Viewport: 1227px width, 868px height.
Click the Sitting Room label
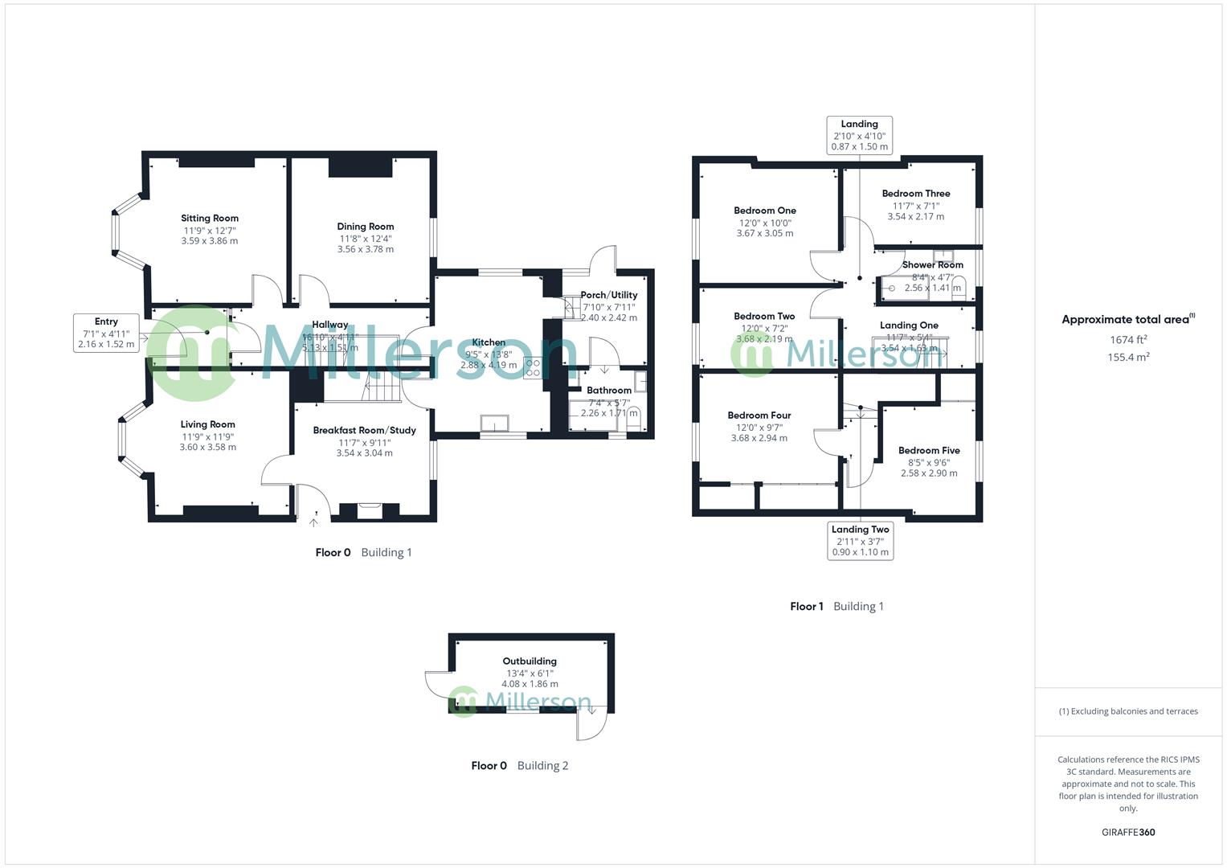(209, 218)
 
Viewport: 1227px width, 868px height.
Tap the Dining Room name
(366, 227)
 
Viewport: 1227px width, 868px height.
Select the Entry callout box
(106, 333)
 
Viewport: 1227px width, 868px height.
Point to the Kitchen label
(489, 342)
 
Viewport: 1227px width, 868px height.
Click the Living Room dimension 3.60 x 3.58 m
(208, 447)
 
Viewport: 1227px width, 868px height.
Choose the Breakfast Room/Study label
(364, 430)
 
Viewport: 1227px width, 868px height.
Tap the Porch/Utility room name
(608, 295)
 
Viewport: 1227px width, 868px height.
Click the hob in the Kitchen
(532, 368)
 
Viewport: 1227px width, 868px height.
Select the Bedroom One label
(765, 211)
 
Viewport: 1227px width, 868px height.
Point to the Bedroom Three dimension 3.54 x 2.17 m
(915, 216)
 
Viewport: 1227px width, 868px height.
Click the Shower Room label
(932, 264)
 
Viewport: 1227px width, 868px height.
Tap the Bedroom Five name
(929, 450)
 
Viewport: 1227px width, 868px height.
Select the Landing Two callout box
(860, 540)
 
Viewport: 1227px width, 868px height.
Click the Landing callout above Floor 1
(859, 135)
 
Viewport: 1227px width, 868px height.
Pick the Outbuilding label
(530, 661)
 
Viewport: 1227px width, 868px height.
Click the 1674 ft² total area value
(1128, 340)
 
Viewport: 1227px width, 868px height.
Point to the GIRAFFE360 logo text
(1128, 832)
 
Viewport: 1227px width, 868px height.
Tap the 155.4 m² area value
(1128, 358)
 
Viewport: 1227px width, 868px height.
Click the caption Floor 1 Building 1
(836, 606)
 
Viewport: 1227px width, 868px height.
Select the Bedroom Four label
(759, 416)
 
